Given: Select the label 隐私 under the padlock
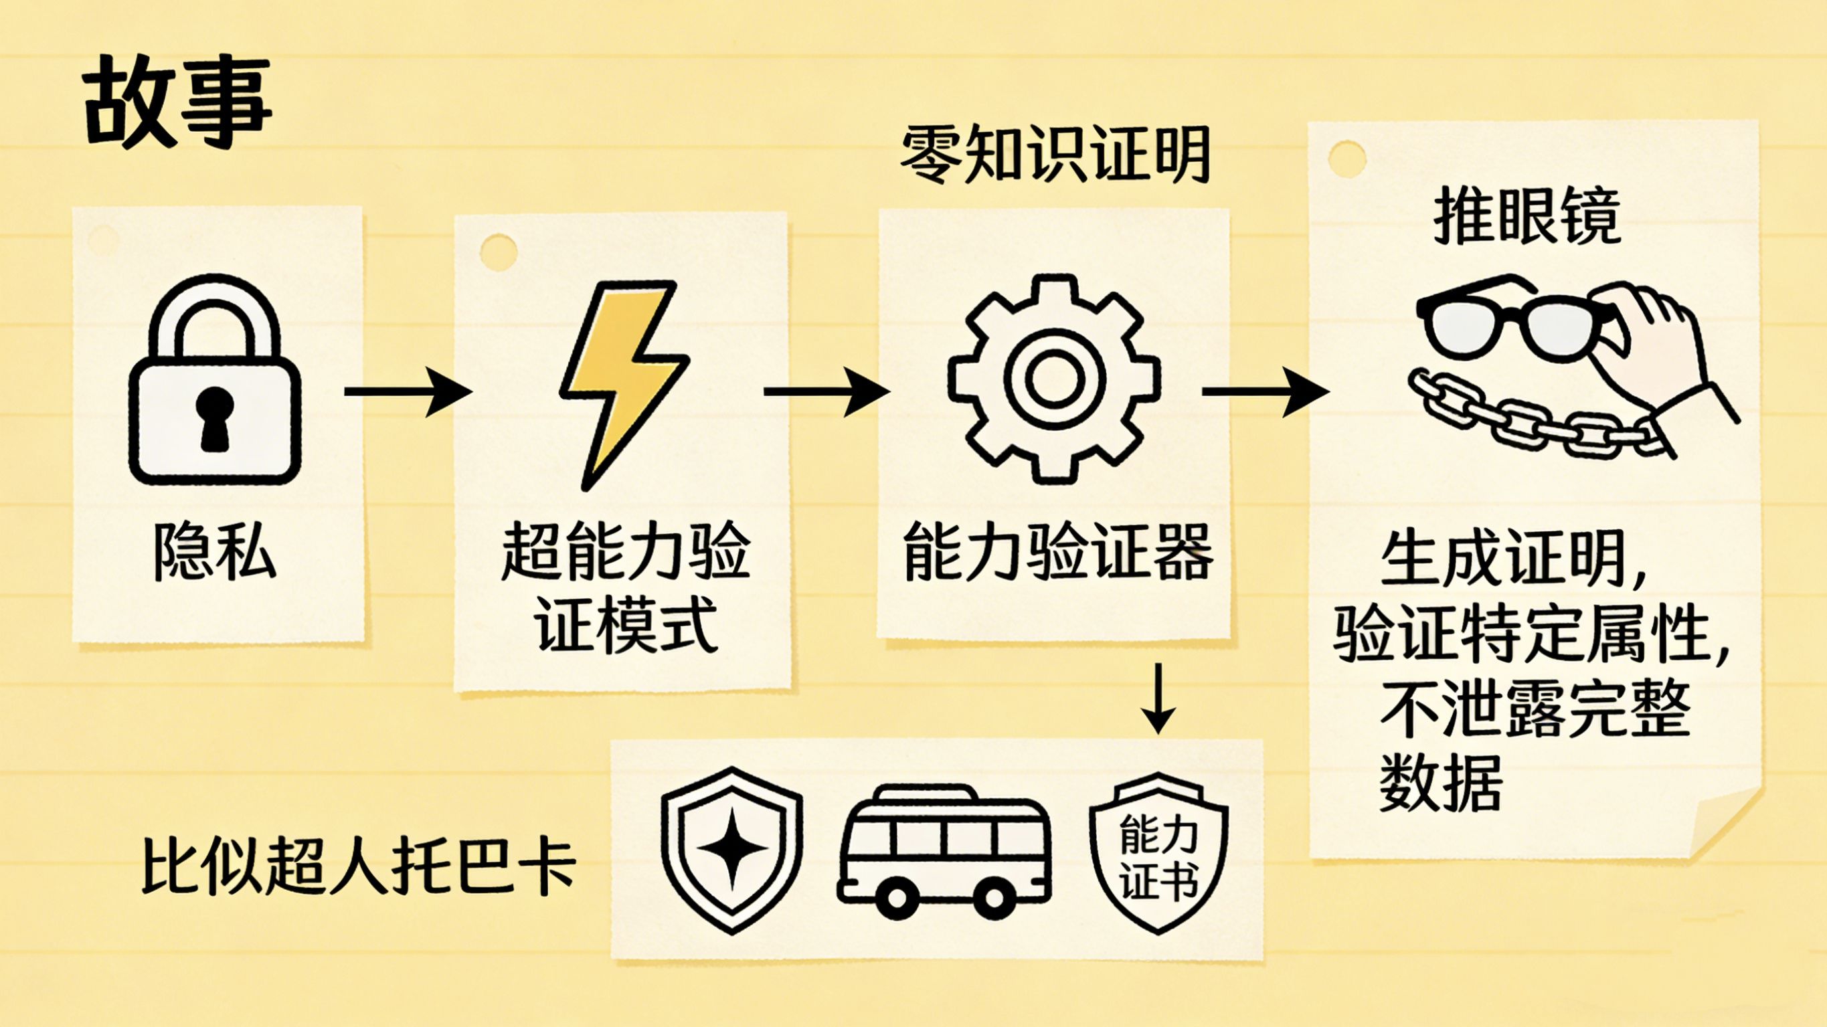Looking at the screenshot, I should coord(215,553).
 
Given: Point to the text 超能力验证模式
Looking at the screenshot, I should coord(624,588).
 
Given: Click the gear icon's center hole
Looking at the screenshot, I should coord(1054,379).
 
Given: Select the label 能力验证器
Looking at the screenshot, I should coord(1057,553).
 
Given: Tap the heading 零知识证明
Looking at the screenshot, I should coord(1055,154).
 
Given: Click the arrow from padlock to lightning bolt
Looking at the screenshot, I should coord(408,391).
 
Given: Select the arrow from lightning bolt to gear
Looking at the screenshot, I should coord(826,391).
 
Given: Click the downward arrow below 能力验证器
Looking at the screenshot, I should coord(1158,698).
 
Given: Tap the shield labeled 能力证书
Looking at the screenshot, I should coord(1158,854).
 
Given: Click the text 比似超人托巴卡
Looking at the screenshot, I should coord(359,866).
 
